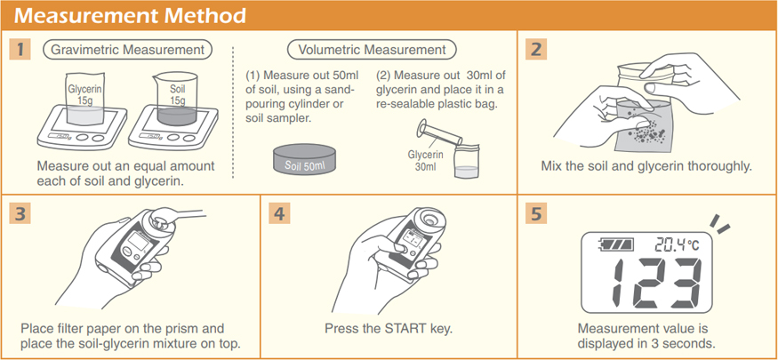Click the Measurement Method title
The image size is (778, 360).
click(130, 15)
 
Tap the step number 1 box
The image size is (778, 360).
click(20, 50)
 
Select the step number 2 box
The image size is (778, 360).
click(536, 50)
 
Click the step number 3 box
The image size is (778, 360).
click(20, 213)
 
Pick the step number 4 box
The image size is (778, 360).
click(279, 213)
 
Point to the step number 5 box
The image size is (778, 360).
click(536, 213)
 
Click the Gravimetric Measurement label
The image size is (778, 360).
click(128, 50)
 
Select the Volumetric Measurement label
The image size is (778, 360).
click(373, 50)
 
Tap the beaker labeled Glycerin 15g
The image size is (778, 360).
click(84, 100)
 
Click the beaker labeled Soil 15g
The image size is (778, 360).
click(176, 100)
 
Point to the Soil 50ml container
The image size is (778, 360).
click(304, 159)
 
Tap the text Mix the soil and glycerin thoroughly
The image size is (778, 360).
click(646, 165)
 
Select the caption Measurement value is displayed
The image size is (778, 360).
click(646, 335)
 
